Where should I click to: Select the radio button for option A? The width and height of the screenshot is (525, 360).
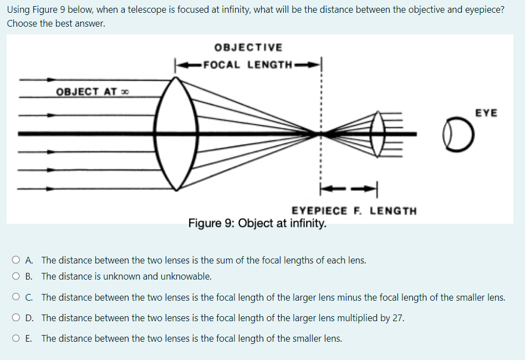click(x=29, y=260)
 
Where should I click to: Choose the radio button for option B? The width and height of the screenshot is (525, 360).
click(x=29, y=276)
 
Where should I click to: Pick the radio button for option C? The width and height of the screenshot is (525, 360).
click(x=29, y=297)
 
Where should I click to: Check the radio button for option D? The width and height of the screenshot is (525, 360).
click(x=29, y=318)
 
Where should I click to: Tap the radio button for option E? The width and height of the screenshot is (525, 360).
click(x=29, y=338)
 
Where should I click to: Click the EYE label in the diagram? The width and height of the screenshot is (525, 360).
click(x=486, y=113)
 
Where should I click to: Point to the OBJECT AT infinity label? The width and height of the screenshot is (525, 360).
click(x=89, y=92)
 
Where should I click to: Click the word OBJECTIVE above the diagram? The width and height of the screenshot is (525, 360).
click(x=248, y=48)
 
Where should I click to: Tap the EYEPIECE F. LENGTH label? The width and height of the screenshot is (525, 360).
click(x=354, y=211)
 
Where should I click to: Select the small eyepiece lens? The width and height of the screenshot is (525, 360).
click(x=379, y=134)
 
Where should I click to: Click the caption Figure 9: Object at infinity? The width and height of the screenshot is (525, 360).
click(x=257, y=224)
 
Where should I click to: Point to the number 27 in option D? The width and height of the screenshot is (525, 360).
click(x=399, y=318)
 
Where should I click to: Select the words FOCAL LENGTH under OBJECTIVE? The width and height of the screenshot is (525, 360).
click(x=248, y=64)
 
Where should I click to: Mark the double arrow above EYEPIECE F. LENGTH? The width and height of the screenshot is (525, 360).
click(x=348, y=189)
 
